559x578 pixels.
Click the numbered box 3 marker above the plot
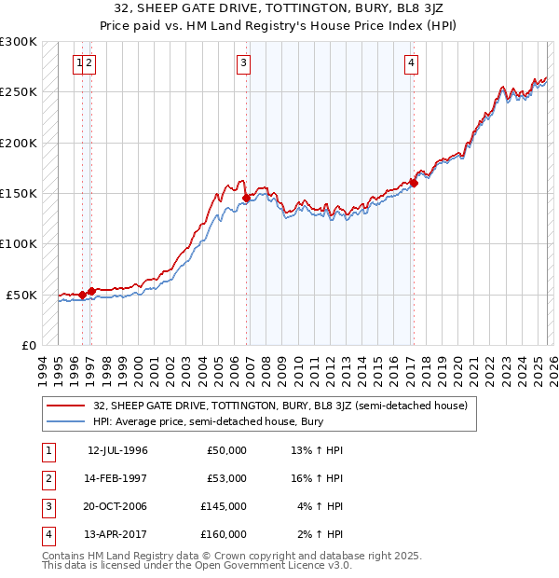243,63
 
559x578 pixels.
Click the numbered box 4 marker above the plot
411,63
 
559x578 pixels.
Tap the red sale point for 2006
246,198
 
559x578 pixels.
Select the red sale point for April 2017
414,183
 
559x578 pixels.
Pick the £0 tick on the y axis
29,346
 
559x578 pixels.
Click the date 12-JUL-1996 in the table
117,450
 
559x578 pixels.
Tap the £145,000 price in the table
226,506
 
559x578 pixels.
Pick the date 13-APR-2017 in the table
117,534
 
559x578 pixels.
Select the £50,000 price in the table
226,450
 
